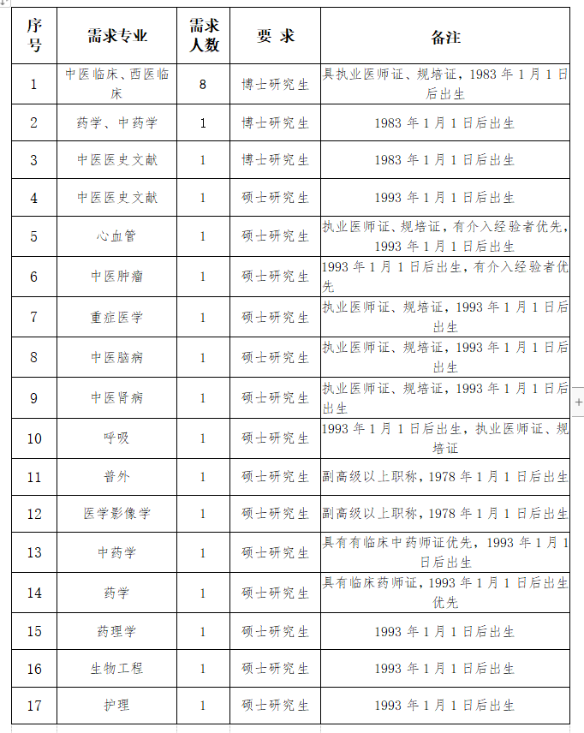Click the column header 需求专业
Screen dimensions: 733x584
(117, 36)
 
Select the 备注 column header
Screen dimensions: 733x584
(445, 37)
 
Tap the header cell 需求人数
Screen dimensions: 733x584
(203, 36)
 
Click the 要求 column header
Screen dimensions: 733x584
(275, 36)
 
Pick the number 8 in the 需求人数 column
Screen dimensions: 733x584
(203, 84)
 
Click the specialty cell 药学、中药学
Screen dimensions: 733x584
(117, 123)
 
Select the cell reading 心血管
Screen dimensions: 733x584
(117, 236)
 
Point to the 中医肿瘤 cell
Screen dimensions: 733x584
(117, 277)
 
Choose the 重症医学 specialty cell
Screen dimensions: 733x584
(117, 318)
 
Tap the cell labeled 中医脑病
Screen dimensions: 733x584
(117, 357)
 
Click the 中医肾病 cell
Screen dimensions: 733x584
(117, 398)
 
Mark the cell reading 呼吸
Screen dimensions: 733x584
(117, 438)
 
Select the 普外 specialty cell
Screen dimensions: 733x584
(117, 477)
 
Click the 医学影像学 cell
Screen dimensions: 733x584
(117, 514)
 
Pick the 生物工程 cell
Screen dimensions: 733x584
(117, 669)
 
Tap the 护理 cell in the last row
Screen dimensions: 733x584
(117, 706)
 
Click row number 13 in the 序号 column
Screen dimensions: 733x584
(34, 553)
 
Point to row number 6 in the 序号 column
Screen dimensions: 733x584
(34, 277)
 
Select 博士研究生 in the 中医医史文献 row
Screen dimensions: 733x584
(275, 160)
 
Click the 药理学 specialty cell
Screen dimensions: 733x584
(117, 632)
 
